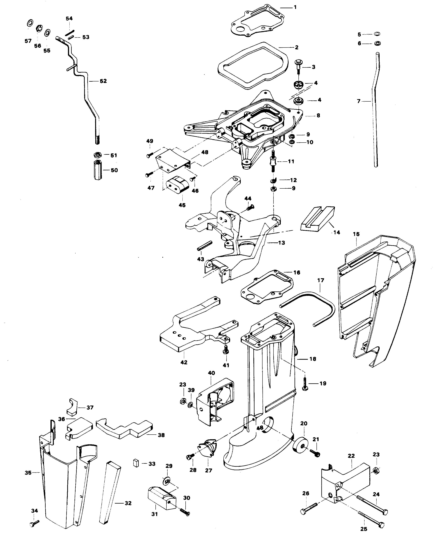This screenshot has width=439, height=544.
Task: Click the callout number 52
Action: tap(103, 81)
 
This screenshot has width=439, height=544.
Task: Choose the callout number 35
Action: tap(28, 473)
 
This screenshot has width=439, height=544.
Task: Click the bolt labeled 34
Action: tap(34, 523)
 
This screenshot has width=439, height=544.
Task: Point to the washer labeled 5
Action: tap(377, 34)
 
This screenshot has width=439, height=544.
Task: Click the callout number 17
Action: tap(321, 280)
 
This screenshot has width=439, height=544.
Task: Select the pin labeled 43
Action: tap(205, 246)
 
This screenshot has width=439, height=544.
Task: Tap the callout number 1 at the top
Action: tap(295, 7)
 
